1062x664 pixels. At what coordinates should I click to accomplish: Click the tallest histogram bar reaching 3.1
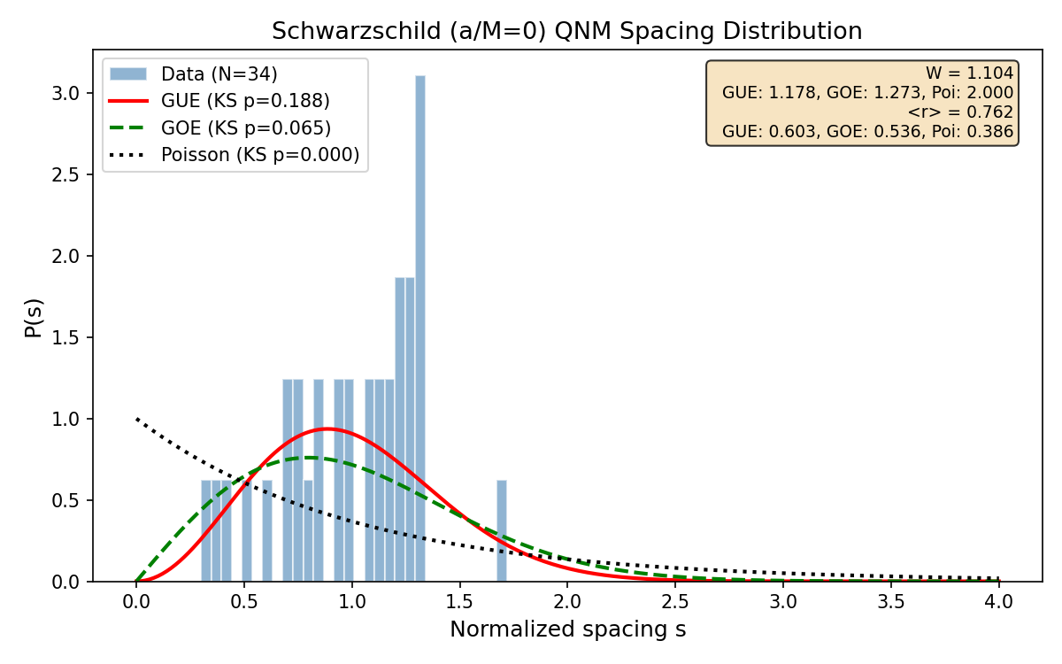(x=420, y=328)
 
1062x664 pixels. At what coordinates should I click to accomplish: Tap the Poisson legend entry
(x=259, y=155)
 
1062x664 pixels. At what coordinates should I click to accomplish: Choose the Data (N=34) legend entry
(x=219, y=73)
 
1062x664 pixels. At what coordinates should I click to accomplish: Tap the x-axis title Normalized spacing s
(x=567, y=630)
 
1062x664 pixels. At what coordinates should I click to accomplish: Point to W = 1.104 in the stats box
(x=969, y=73)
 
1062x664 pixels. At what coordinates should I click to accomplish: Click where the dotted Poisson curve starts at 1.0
(x=137, y=419)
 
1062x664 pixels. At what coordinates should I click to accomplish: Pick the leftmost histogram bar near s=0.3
(x=206, y=531)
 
